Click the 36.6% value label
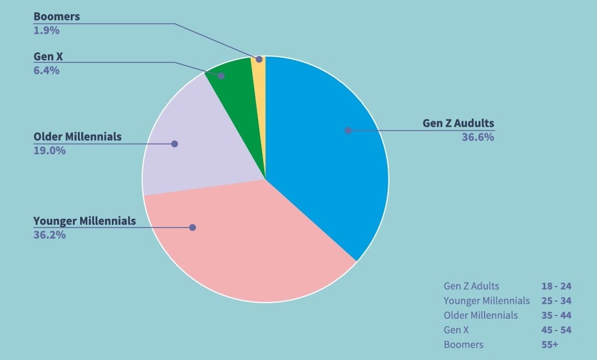pos(477,137)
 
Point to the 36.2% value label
pos(50,235)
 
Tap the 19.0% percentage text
pos(50,150)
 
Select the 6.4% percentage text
pos(46,71)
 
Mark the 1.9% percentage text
pos(46,31)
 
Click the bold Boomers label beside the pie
pos(56,17)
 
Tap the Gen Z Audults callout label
pos(458,123)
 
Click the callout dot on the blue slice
pos(348,131)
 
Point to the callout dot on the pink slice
pos(193,228)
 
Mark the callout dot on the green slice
pos(221,76)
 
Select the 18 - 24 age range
pos(556,287)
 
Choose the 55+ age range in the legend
pos(549,344)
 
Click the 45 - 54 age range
pos(556,330)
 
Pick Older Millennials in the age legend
pos(480,315)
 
